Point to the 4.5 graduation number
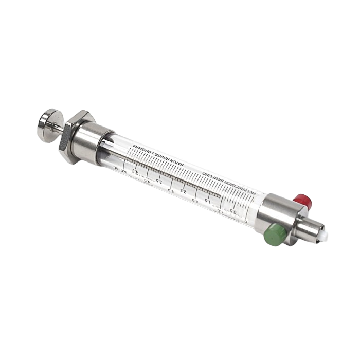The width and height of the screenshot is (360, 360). [x=135, y=171]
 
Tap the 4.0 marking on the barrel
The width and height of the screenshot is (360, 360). [x=148, y=178]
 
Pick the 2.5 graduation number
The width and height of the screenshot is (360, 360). [x=183, y=193]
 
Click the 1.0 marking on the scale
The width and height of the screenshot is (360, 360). [x=220, y=209]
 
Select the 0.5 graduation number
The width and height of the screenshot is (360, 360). [x=235, y=212]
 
